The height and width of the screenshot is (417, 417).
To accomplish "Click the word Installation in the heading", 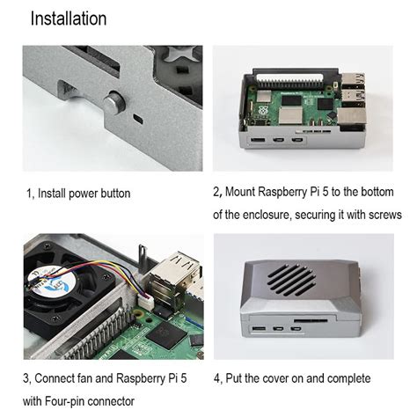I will coord(69,18).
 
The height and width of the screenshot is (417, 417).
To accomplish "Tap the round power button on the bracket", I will coord(111,103).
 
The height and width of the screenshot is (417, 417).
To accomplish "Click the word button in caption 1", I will coord(112,193).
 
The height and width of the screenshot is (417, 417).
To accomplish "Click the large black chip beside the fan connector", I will coord(165,335).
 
